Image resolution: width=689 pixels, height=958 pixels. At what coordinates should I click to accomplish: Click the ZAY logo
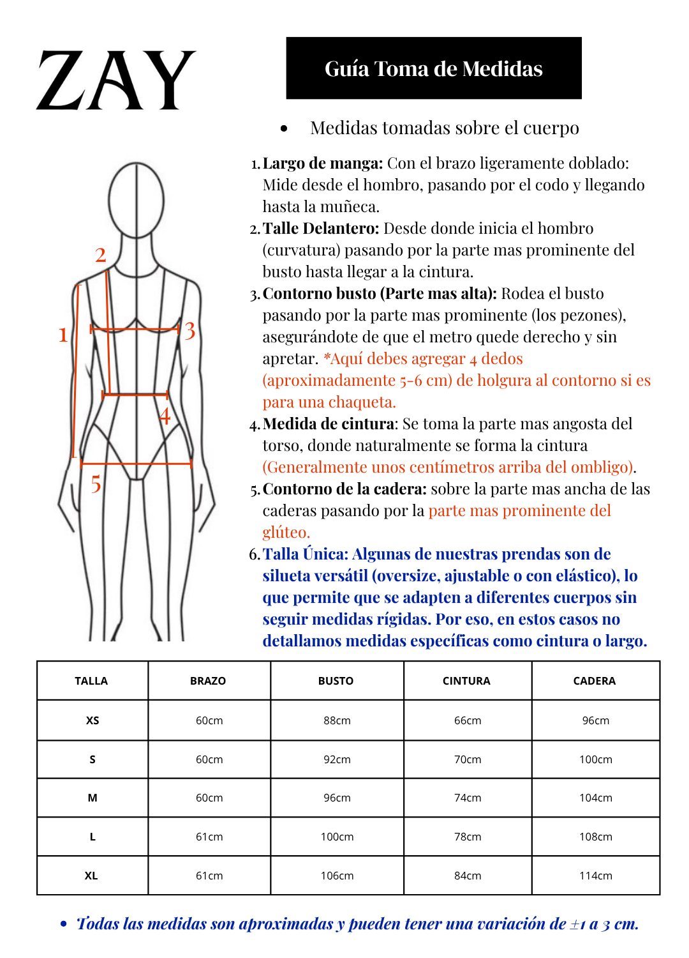[115, 80]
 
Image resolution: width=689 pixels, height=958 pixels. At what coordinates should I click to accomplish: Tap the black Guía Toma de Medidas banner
[434, 68]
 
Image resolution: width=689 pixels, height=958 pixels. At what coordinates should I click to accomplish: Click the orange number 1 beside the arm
[63, 334]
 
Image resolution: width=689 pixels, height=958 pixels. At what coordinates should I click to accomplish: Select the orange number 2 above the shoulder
[101, 255]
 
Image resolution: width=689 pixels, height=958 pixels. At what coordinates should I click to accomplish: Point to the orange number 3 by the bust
[190, 331]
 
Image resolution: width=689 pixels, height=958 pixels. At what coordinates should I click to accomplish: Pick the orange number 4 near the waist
[165, 416]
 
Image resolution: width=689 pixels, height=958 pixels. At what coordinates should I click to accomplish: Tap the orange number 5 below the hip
[96, 484]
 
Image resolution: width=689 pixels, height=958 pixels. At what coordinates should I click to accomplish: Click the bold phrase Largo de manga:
[323, 163]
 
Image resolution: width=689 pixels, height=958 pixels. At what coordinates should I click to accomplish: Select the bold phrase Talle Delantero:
[321, 229]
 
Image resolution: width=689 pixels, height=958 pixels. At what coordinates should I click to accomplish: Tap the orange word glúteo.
[286, 532]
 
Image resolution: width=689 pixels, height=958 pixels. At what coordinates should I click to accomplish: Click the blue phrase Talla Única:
[306, 554]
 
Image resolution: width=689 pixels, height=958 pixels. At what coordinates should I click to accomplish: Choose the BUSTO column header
[336, 681]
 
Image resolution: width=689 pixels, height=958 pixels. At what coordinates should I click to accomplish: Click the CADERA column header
[595, 681]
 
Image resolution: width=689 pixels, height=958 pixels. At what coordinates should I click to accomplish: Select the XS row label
[93, 720]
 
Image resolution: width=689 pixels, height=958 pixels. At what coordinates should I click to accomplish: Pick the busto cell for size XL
[337, 876]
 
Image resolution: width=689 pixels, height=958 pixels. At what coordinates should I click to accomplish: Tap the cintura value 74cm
[468, 798]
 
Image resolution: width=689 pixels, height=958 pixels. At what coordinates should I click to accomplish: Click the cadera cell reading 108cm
[595, 837]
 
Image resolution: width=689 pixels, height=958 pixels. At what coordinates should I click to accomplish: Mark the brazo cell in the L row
[209, 837]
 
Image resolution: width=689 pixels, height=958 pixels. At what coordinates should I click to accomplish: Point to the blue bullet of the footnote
[63, 924]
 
